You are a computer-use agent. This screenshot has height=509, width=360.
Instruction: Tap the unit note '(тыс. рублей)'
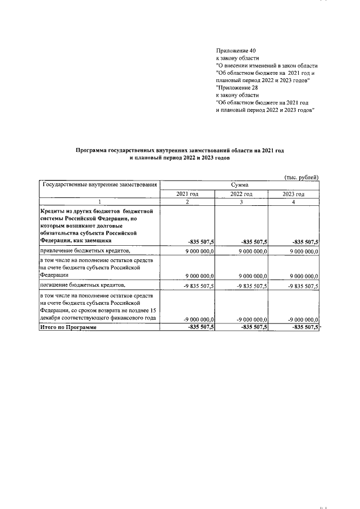coord(301,177)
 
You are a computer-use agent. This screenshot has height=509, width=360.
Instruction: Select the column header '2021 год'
coord(187,193)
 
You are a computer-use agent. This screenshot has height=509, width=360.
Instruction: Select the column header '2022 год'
coord(240,193)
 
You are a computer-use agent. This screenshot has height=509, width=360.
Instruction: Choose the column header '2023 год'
coord(293,193)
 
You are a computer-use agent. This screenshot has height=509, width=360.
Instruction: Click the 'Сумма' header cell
coord(240,184)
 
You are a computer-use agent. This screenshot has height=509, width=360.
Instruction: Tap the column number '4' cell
coord(293,202)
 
